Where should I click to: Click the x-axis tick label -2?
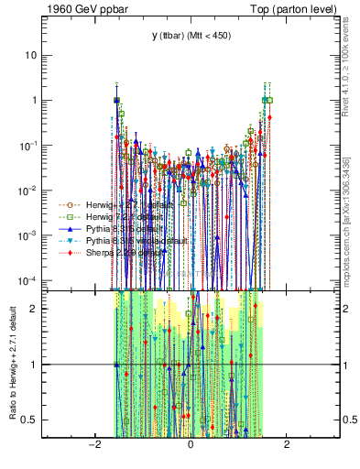[x=93, y=446]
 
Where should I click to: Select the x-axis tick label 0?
[x=190, y=446]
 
